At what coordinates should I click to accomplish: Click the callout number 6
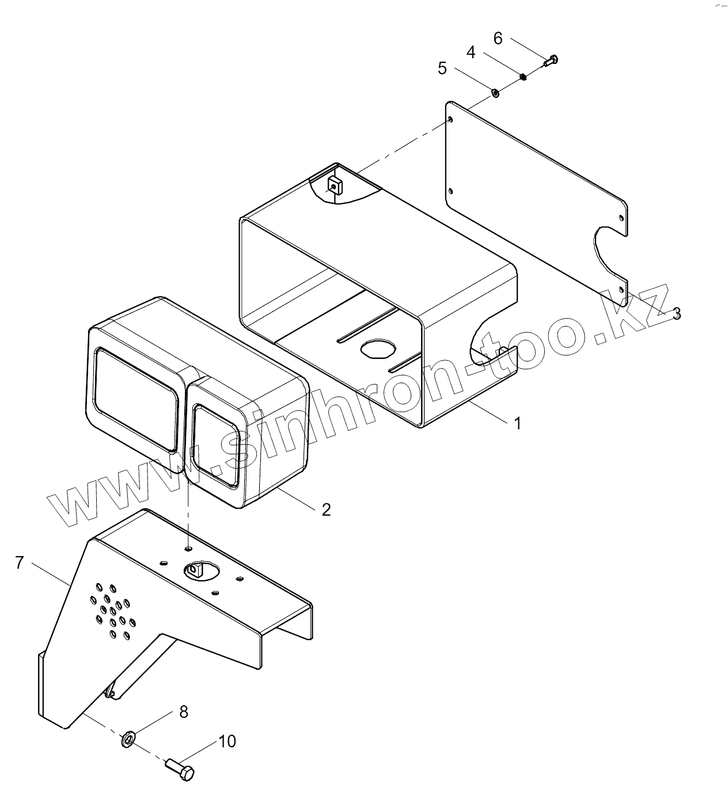pyautogui.click(x=498, y=39)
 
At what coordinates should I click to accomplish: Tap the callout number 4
pyautogui.click(x=471, y=52)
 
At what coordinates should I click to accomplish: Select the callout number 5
pyautogui.click(x=442, y=68)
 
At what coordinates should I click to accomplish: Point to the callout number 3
pyautogui.click(x=677, y=313)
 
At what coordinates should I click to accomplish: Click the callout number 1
pyautogui.click(x=517, y=424)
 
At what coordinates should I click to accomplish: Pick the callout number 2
pyautogui.click(x=326, y=509)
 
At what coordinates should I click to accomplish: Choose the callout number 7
pyautogui.click(x=19, y=562)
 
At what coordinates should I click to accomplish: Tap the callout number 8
pyautogui.click(x=183, y=712)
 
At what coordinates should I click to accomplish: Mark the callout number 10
pyautogui.click(x=227, y=741)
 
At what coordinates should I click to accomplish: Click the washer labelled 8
pyautogui.click(x=128, y=739)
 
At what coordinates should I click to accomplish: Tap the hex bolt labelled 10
pyautogui.click(x=181, y=769)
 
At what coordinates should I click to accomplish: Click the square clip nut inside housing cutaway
pyautogui.click(x=335, y=186)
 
